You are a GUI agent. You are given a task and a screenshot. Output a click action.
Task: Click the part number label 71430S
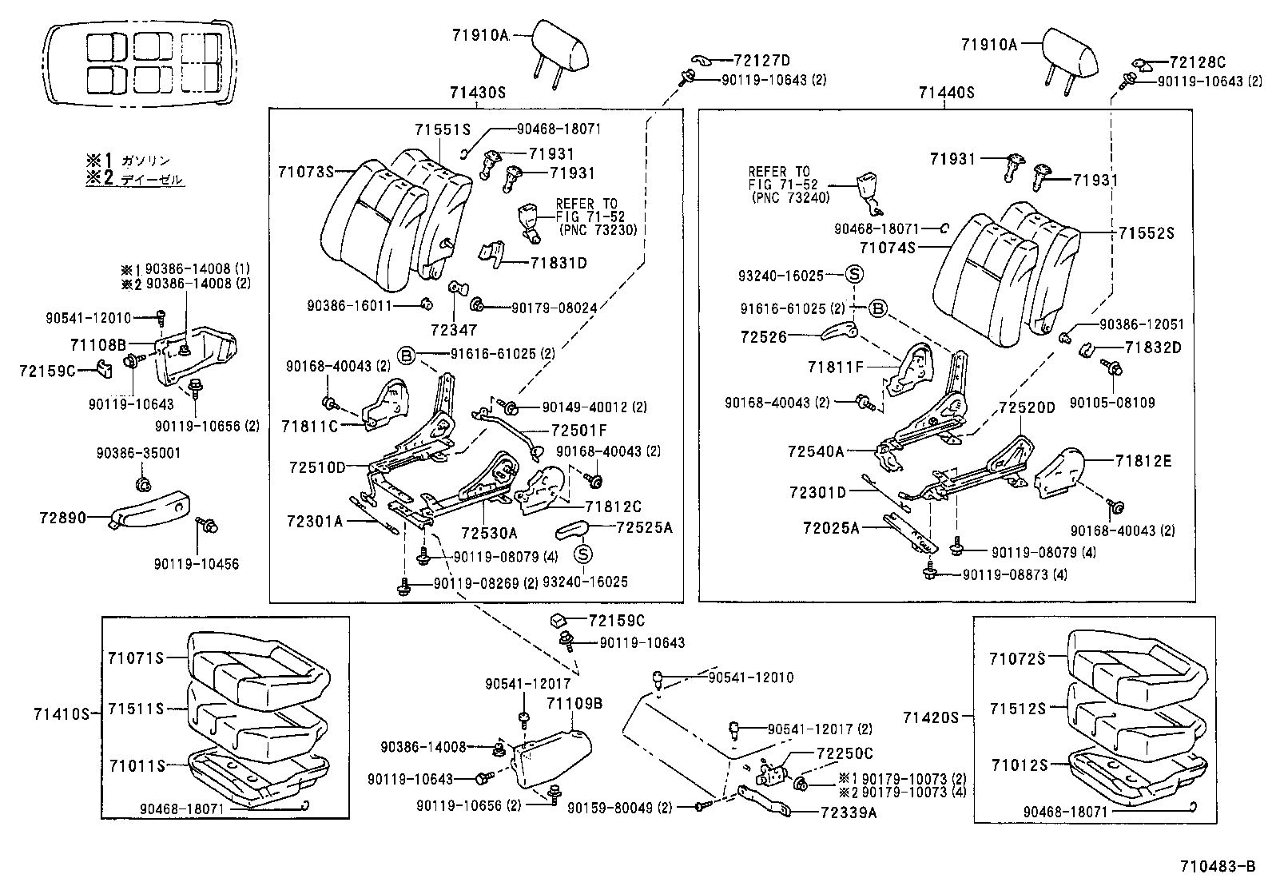coord(477,93)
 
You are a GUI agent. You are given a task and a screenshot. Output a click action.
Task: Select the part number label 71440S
coord(946,93)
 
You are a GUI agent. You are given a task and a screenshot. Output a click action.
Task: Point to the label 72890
coord(62,518)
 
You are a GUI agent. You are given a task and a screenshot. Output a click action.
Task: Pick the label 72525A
coord(645,527)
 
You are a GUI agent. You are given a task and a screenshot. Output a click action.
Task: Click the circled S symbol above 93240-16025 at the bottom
coord(584,554)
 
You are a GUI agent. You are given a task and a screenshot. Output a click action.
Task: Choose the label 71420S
coord(930,717)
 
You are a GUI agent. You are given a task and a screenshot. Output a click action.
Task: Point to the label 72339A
coord(848,813)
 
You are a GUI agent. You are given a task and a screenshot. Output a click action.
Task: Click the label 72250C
coord(845,753)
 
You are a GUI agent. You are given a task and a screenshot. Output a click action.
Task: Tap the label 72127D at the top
coord(750,61)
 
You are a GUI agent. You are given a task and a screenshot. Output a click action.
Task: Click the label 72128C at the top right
coord(1197,62)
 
